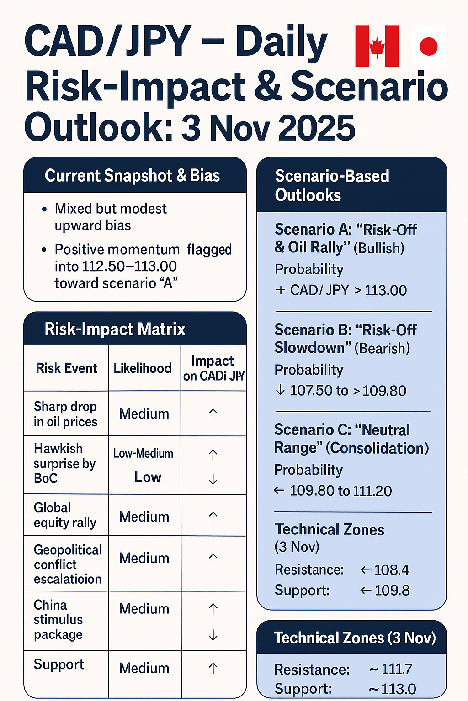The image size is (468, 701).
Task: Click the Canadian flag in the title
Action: [377, 46]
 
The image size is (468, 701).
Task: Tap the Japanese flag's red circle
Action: [429, 46]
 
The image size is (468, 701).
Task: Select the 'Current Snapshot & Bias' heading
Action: [132, 176]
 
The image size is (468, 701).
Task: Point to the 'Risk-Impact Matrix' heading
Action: [115, 329]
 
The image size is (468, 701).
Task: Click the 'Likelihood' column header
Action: [143, 368]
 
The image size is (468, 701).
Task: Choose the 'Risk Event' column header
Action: [66, 368]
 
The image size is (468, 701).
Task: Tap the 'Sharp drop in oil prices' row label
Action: [65, 414]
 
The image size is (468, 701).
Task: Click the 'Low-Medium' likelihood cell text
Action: [143, 454]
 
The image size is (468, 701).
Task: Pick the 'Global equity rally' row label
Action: [65, 515]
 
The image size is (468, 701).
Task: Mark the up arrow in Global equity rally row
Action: [213, 517]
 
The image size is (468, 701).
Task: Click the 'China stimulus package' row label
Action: [58, 620]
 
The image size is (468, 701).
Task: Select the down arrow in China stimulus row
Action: [213, 635]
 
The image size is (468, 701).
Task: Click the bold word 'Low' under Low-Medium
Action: [148, 477]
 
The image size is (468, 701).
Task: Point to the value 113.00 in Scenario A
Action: [386, 291]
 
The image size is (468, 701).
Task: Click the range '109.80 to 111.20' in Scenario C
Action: [340, 491]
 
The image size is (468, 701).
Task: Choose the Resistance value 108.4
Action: [392, 570]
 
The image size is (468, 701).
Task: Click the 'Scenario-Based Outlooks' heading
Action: [332, 185]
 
